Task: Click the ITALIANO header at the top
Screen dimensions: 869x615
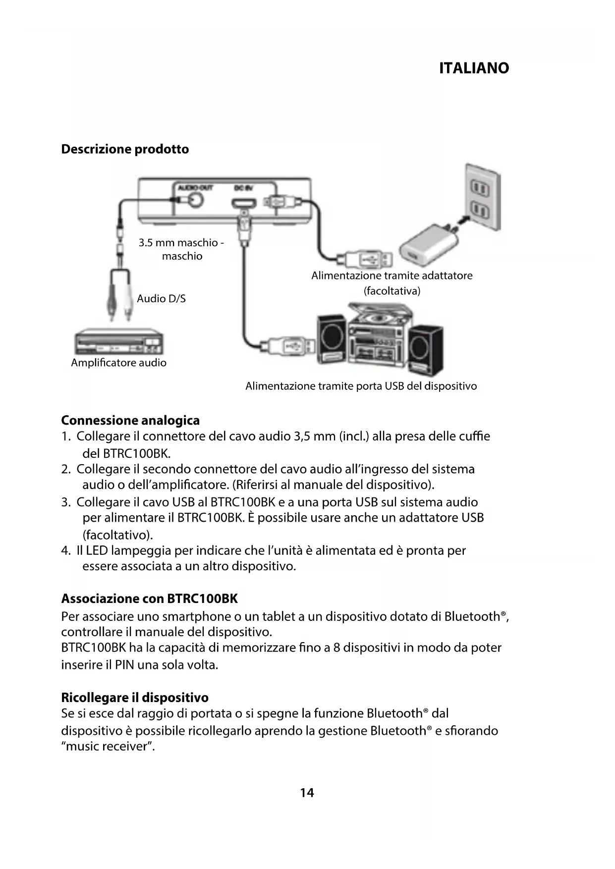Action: [x=474, y=68]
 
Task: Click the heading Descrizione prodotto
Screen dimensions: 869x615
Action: [x=125, y=149]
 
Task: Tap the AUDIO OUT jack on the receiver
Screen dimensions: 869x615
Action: [x=194, y=199]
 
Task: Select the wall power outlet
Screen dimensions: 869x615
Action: [x=481, y=198]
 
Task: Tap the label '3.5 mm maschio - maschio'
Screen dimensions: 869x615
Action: [x=181, y=249]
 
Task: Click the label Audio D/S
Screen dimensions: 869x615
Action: [x=161, y=298]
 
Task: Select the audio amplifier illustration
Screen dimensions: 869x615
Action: [x=119, y=342]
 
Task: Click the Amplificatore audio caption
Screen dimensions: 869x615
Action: [x=118, y=363]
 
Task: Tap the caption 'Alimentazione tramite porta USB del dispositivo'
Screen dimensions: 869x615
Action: [x=361, y=386]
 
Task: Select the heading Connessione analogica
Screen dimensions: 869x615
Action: [x=130, y=421]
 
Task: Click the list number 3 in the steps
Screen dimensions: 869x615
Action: [x=65, y=502]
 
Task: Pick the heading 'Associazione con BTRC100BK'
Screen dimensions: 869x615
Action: [x=149, y=599]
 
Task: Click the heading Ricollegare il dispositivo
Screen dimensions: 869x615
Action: [x=135, y=698]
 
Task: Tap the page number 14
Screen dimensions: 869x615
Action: [x=307, y=793]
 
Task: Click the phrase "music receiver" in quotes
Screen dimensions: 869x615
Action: [x=108, y=746]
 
